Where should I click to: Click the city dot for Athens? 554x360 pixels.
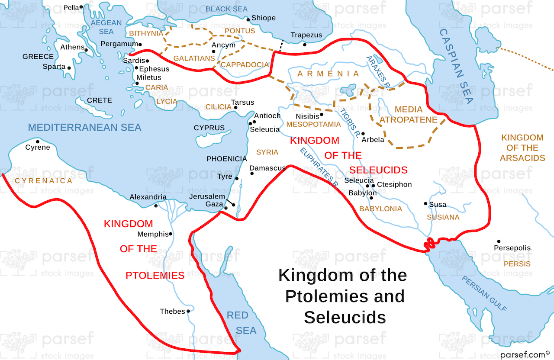click(x=86, y=50)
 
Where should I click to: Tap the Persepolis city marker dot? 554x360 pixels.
click(x=499, y=241)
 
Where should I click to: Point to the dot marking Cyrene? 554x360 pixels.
click(x=38, y=141)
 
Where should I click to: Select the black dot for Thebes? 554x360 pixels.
click(x=188, y=311)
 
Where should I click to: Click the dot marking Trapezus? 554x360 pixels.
click(x=305, y=44)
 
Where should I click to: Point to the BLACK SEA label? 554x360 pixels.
click(x=226, y=9)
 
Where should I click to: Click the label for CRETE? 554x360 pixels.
click(x=100, y=100)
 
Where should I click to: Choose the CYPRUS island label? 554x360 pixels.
click(x=209, y=128)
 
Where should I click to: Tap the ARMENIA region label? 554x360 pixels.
click(x=329, y=74)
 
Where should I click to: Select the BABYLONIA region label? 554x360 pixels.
click(x=380, y=209)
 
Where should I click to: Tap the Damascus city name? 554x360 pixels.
click(x=267, y=168)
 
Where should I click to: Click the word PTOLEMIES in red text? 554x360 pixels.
click(x=155, y=276)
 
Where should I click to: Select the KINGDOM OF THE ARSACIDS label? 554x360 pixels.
click(x=522, y=148)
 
